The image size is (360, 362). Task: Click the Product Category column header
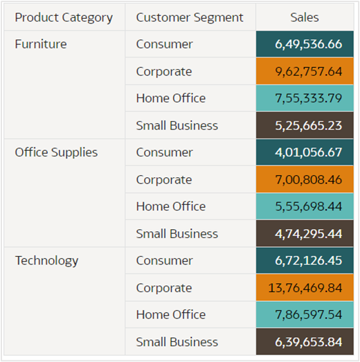point(64,17)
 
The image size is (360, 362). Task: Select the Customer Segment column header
point(190,17)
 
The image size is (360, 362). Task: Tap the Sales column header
point(305,17)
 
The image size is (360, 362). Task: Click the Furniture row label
point(41,44)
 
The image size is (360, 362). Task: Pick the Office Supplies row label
point(56,152)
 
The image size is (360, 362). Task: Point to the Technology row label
point(46,261)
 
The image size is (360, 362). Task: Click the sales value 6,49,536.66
point(308,44)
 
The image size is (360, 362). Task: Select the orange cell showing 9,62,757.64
point(308,71)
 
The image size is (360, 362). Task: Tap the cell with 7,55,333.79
point(308,98)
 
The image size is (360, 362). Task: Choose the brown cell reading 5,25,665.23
point(308,125)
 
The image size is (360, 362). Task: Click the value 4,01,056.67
point(308,152)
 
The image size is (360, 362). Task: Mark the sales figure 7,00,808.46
point(308,179)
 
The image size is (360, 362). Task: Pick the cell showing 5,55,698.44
point(308,206)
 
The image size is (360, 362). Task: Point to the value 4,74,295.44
point(308,234)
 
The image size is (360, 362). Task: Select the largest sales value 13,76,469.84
point(308,288)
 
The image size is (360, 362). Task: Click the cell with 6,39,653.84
point(308,342)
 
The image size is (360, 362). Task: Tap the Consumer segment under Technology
point(164,261)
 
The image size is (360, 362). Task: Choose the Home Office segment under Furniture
point(170,98)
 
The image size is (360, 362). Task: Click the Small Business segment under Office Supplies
point(177,234)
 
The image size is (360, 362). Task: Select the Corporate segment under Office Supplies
point(163,179)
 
